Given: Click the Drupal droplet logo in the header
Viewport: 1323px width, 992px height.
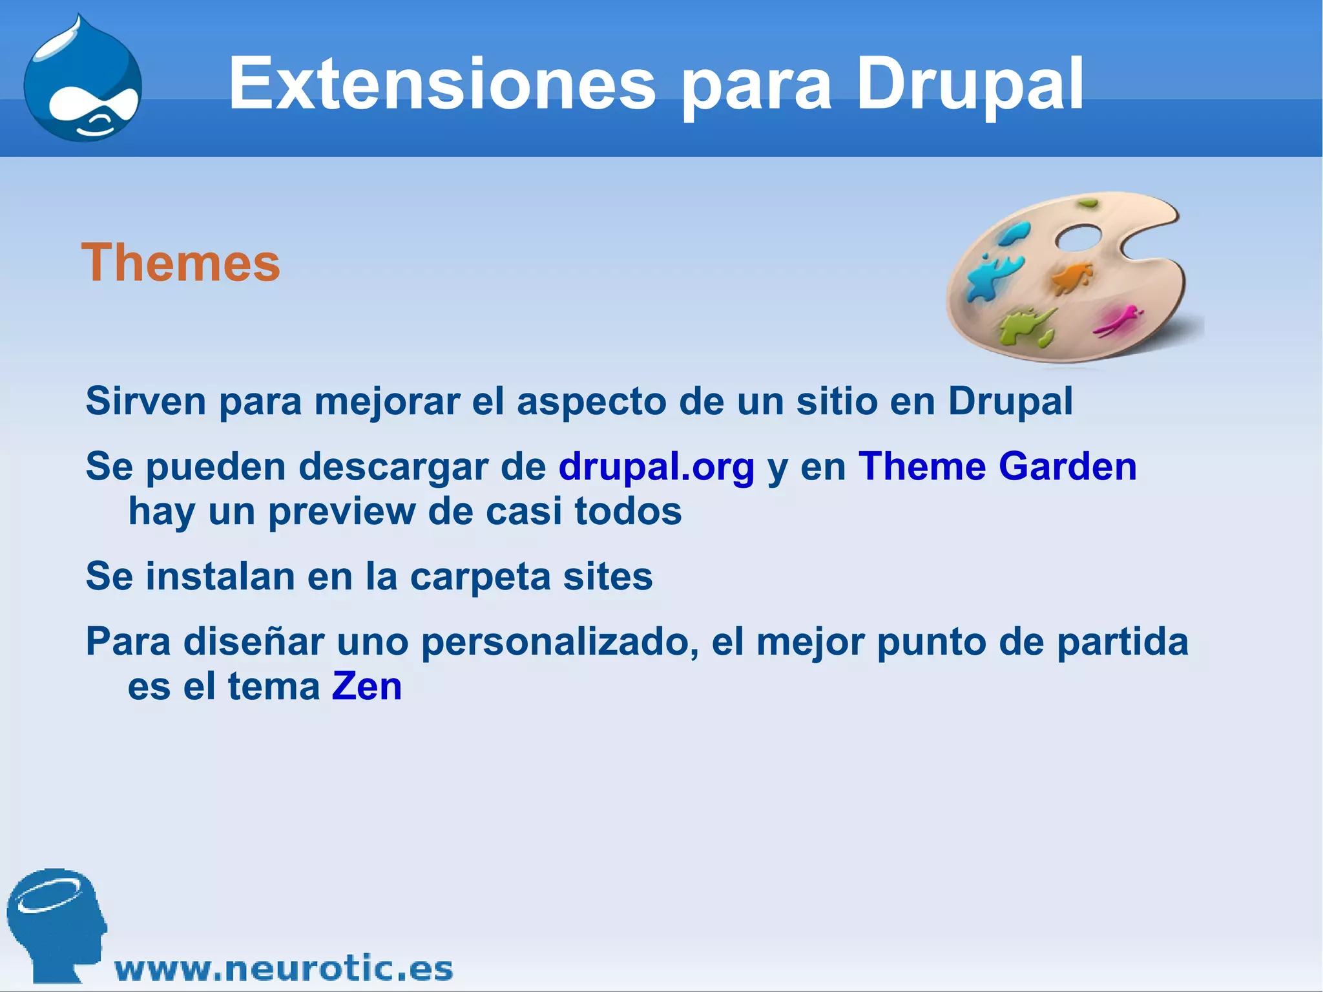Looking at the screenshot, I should pyautogui.click(x=83, y=81).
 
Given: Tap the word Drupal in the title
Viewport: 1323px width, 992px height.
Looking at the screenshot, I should pyautogui.click(x=969, y=84).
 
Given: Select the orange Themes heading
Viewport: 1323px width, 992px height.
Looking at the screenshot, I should pyautogui.click(x=181, y=263).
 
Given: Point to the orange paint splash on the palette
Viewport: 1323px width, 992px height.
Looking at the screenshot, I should pyautogui.click(x=1072, y=278).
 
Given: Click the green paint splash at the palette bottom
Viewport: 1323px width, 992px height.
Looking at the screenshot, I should pyautogui.click(x=1027, y=326).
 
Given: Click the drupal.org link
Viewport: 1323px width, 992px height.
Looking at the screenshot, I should pyautogui.click(x=656, y=467).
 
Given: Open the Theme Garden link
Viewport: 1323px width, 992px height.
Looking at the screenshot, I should pyautogui.click(x=997, y=467).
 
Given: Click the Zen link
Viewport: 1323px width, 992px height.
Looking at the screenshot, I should pyautogui.click(x=367, y=686).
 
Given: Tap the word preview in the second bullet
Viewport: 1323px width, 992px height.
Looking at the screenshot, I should pyautogui.click(x=342, y=512).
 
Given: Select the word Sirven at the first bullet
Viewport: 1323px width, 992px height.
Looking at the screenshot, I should pyautogui.click(x=146, y=401).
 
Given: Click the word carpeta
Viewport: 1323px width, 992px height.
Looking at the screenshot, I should pyautogui.click(x=480, y=578).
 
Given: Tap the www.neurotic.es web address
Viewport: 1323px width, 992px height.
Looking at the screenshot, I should pyautogui.click(x=284, y=969).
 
